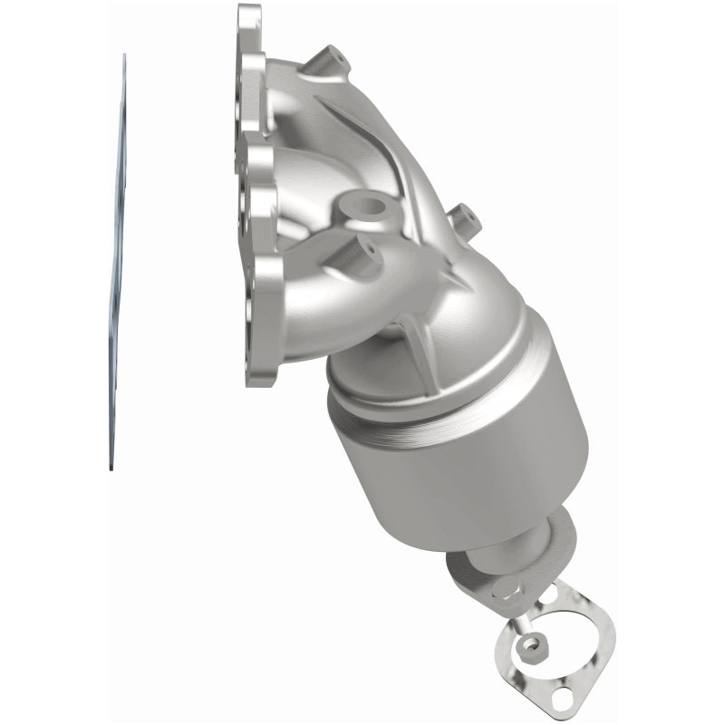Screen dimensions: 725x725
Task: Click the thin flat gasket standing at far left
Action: click(116, 272)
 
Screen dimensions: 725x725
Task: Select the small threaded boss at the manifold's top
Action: click(327, 63)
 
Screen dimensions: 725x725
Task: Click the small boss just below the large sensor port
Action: click(367, 247)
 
